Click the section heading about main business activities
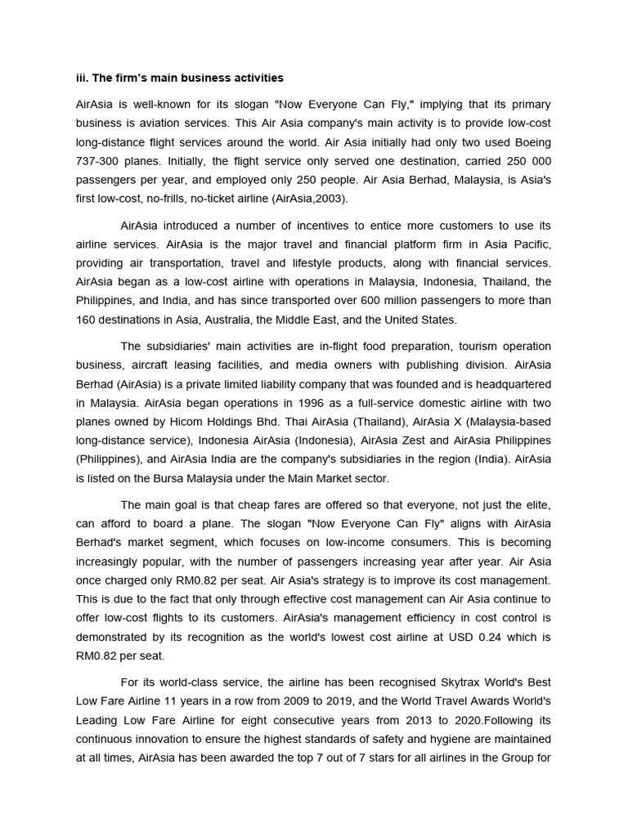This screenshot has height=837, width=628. coord(180,78)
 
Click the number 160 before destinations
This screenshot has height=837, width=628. coord(87,319)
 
